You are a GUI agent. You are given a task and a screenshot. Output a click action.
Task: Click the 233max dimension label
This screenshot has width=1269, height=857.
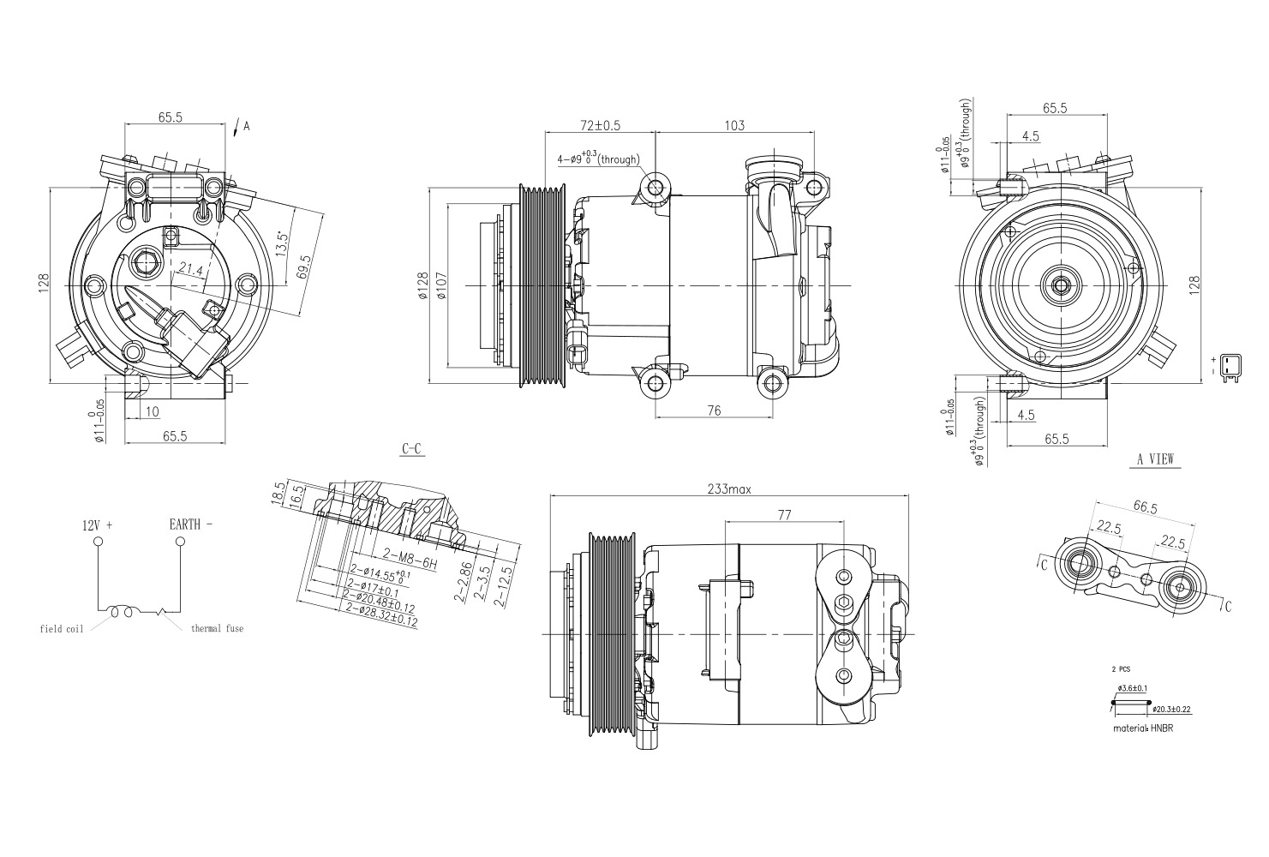(728, 489)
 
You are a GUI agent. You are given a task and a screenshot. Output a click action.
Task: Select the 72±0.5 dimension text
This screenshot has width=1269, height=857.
(600, 126)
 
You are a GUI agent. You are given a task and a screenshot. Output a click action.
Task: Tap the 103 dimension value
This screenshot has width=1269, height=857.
(734, 126)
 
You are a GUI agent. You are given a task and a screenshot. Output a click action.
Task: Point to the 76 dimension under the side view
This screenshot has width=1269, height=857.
(714, 411)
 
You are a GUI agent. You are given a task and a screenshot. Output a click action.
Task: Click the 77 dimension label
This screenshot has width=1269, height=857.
(784, 514)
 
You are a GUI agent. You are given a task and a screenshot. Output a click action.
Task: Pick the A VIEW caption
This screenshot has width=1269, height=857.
(1155, 459)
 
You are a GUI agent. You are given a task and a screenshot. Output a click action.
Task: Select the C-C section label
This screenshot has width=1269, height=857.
(412, 449)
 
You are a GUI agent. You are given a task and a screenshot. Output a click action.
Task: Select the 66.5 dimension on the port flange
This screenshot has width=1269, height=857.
(1146, 507)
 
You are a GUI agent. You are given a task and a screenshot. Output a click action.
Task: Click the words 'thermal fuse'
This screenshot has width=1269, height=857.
(217, 628)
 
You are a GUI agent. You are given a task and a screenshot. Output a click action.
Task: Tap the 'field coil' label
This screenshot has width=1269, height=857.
(62, 629)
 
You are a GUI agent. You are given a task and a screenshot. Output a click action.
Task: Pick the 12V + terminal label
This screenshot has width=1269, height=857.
(98, 524)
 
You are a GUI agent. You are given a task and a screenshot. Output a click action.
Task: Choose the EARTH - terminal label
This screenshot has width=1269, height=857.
(191, 524)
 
